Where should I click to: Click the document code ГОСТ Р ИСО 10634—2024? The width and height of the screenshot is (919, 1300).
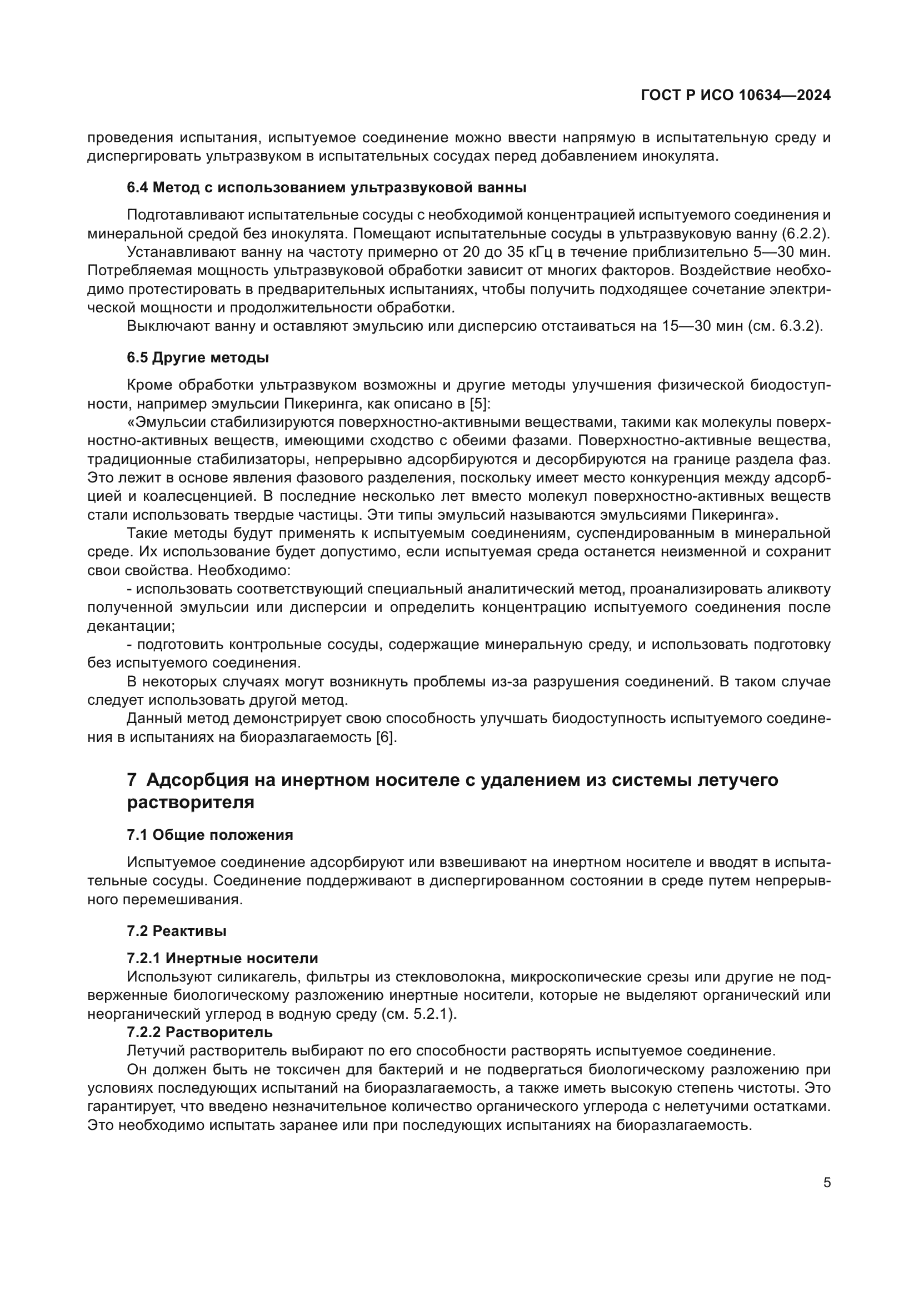(736, 96)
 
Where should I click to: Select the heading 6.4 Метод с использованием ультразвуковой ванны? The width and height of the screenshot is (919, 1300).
(327, 187)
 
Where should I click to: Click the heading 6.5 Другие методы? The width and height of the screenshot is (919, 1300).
(197, 358)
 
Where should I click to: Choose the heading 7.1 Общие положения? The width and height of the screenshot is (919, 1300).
(210, 835)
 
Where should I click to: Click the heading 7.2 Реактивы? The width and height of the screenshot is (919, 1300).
(177, 930)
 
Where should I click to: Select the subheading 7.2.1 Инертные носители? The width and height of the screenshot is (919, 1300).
(222, 958)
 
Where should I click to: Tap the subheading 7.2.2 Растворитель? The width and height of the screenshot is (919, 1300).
(200, 1032)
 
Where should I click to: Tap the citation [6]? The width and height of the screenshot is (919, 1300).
(387, 738)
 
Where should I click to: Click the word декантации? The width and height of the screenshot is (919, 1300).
(131, 626)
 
